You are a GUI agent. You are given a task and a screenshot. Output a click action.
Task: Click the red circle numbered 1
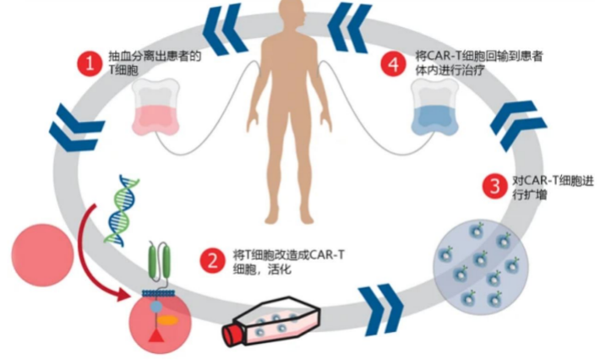(90, 63)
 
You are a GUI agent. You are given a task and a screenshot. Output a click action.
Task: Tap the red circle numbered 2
(213, 261)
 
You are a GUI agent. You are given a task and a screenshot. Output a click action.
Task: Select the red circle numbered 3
(495, 186)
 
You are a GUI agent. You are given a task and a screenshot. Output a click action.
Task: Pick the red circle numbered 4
(394, 63)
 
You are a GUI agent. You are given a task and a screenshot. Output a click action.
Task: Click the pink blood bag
(155, 107)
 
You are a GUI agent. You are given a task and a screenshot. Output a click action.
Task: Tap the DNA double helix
(122, 210)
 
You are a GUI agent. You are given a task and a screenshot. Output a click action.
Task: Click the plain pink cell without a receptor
(42, 255)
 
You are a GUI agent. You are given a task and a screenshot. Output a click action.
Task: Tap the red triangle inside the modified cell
(156, 335)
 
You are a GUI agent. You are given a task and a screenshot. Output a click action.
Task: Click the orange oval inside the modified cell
(169, 319)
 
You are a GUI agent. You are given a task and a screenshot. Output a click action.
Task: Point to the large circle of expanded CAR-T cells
(481, 267)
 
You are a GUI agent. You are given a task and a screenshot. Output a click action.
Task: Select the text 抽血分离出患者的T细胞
(155, 63)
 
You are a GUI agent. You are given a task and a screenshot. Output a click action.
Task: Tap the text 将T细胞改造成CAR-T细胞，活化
(288, 262)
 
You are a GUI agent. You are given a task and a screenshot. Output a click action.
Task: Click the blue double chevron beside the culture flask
(381, 310)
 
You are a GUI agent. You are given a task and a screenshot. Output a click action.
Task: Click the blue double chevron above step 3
(519, 125)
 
